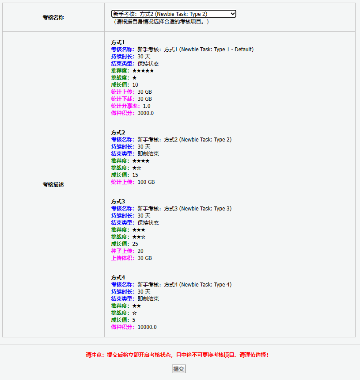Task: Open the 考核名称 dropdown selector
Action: (174, 14)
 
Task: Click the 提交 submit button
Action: (178, 369)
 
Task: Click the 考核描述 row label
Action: (53, 185)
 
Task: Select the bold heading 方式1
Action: (118, 42)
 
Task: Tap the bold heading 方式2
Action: (118, 133)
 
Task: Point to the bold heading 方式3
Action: (118, 202)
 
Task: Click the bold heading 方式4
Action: (118, 278)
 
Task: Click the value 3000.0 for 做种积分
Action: (146, 113)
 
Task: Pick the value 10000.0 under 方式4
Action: (147, 327)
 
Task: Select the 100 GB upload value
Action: (146, 182)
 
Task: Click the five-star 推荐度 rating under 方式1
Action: (143, 71)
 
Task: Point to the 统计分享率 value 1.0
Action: (147, 106)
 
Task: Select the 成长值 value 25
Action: (135, 244)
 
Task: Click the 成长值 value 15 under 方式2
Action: (135, 175)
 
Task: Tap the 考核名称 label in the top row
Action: (53, 18)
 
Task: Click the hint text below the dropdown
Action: (160, 22)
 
